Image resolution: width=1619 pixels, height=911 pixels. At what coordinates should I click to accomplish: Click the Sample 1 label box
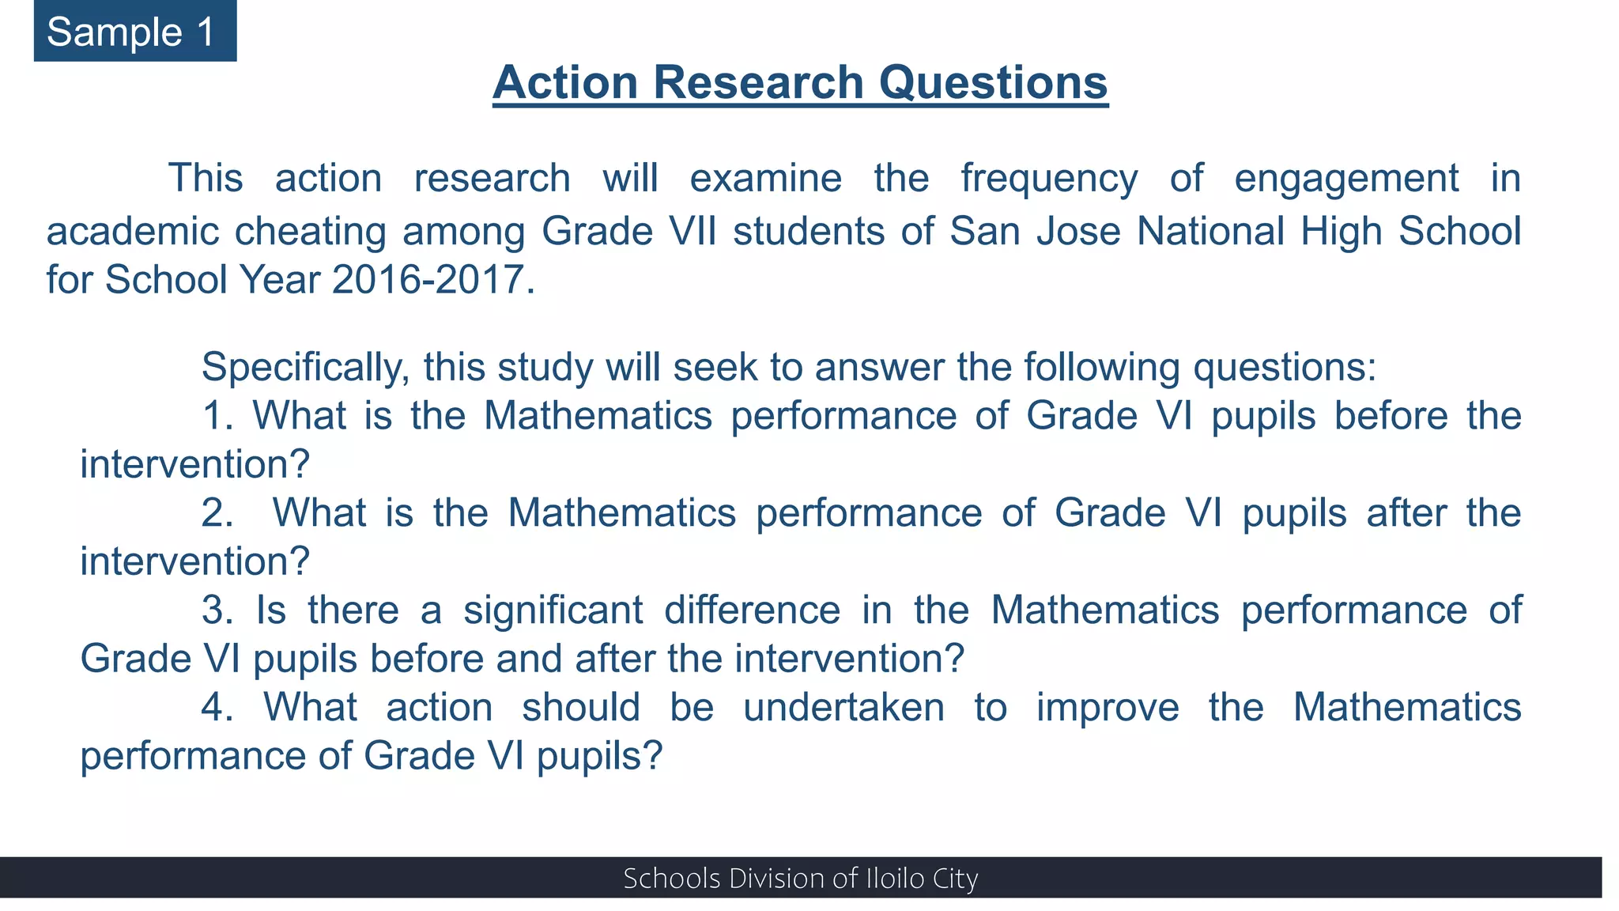[134, 32]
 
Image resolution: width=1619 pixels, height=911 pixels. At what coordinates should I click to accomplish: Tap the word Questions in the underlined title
[993, 82]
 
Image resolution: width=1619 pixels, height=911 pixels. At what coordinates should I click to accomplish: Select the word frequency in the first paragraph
[1049, 179]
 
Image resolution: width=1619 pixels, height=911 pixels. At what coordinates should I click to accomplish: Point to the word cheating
[310, 232]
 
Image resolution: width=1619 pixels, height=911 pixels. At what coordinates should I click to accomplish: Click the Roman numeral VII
[693, 232]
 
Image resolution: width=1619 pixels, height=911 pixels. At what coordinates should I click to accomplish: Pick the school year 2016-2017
[428, 280]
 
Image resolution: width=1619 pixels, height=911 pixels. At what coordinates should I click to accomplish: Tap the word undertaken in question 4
[843, 708]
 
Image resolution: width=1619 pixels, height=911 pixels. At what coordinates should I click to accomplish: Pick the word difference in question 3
[752, 610]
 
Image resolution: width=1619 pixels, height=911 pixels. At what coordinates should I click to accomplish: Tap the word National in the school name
[1210, 232]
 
